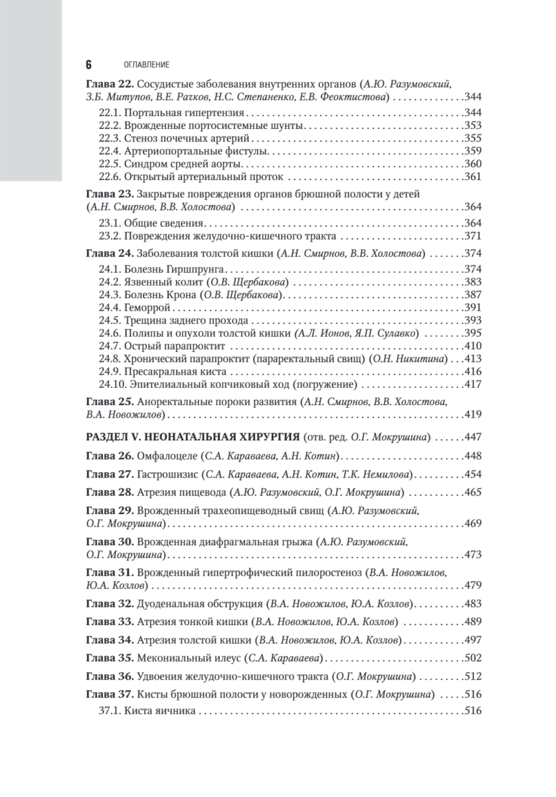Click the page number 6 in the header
point(89,64)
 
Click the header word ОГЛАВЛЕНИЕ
point(147,65)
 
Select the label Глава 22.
point(110,84)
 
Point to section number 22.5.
point(110,164)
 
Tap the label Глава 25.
point(110,402)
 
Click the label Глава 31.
point(110,573)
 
